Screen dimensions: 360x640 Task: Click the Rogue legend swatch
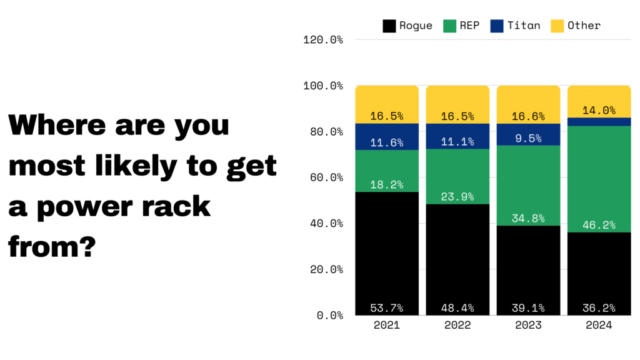389,26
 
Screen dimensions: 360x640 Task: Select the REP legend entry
461,26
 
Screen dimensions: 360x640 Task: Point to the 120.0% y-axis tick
323,40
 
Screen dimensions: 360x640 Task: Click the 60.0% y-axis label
323,177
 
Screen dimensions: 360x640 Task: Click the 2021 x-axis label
386,326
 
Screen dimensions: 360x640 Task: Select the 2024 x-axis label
599,326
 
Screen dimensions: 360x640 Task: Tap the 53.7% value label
386,308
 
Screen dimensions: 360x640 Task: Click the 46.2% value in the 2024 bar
599,224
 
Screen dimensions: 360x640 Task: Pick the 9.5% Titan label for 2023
528,139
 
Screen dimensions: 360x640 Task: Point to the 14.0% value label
599,111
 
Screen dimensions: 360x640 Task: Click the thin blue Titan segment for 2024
599,122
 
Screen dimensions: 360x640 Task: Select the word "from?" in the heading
52,247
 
